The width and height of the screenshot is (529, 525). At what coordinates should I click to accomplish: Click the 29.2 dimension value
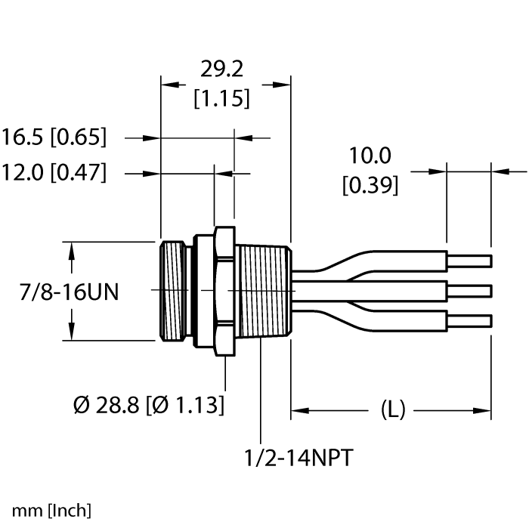click(221, 69)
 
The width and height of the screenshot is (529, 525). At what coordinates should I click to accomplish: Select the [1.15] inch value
click(221, 98)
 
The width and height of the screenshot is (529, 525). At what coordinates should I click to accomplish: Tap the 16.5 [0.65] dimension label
click(54, 138)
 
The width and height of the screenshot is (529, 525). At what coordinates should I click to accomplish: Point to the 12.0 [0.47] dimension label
click(54, 173)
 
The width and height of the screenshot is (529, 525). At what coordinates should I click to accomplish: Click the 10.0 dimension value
click(370, 156)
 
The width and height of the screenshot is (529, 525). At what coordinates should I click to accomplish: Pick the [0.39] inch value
click(370, 184)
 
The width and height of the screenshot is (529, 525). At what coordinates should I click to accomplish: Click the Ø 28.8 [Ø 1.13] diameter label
click(149, 405)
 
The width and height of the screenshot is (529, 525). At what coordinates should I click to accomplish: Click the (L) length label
click(391, 410)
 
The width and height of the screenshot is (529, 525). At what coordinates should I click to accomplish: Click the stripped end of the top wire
click(469, 261)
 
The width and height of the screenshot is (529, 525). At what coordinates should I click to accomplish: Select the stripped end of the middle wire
click(469, 291)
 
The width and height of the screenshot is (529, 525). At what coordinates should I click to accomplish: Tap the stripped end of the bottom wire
click(469, 320)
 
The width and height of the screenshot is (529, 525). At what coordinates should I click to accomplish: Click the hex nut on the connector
click(222, 291)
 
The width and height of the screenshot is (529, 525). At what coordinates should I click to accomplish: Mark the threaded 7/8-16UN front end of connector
click(174, 291)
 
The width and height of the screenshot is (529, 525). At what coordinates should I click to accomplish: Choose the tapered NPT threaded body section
click(261, 291)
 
